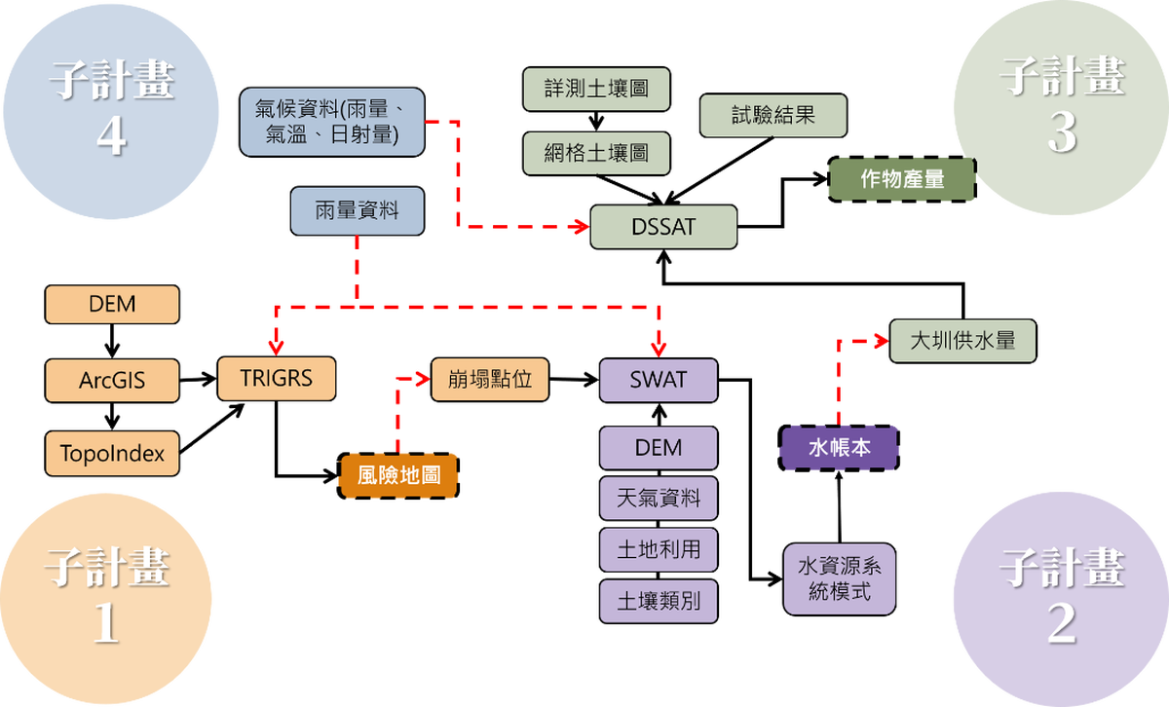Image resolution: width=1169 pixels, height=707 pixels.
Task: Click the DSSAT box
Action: tap(663, 227)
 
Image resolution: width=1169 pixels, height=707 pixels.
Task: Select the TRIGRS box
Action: tap(277, 377)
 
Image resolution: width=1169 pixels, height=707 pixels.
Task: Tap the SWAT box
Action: tap(659, 380)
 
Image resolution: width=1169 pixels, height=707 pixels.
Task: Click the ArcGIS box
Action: tap(112, 380)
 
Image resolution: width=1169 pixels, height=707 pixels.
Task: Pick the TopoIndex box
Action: tap(112, 453)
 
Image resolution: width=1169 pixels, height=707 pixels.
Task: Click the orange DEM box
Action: tap(112, 304)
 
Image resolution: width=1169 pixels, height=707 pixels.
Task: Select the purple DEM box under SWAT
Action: tap(659, 448)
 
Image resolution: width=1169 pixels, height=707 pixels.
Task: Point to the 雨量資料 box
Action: tap(357, 210)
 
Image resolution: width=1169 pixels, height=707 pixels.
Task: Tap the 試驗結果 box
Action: tap(773, 115)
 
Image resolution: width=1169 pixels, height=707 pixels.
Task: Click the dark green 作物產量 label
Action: tap(902, 179)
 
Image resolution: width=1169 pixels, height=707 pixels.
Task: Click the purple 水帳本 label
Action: tap(840, 448)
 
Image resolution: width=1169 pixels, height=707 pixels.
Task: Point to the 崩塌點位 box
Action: tap(490, 379)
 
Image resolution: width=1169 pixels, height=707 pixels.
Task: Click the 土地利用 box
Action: tap(659, 549)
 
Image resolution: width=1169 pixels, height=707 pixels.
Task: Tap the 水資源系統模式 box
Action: tap(839, 578)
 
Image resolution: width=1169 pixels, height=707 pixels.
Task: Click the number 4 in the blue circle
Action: tap(111, 137)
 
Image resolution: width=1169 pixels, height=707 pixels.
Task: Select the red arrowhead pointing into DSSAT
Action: tap(582, 227)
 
